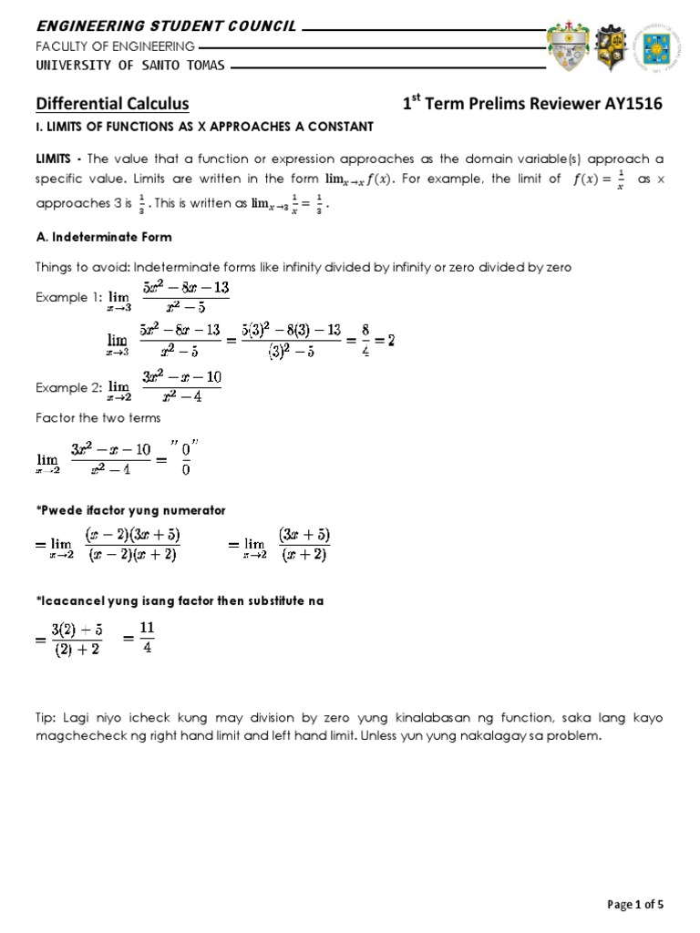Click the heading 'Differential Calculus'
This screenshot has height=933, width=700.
pyautogui.click(x=113, y=104)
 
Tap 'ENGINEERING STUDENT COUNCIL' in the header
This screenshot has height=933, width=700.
pyautogui.click(x=166, y=26)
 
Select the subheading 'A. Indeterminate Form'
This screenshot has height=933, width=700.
pyautogui.click(x=104, y=237)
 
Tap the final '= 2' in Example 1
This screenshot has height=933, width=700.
pyautogui.click(x=383, y=341)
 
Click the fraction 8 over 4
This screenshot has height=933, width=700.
pyautogui.click(x=364, y=341)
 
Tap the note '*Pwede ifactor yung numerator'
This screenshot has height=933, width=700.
pyautogui.click(x=130, y=508)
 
